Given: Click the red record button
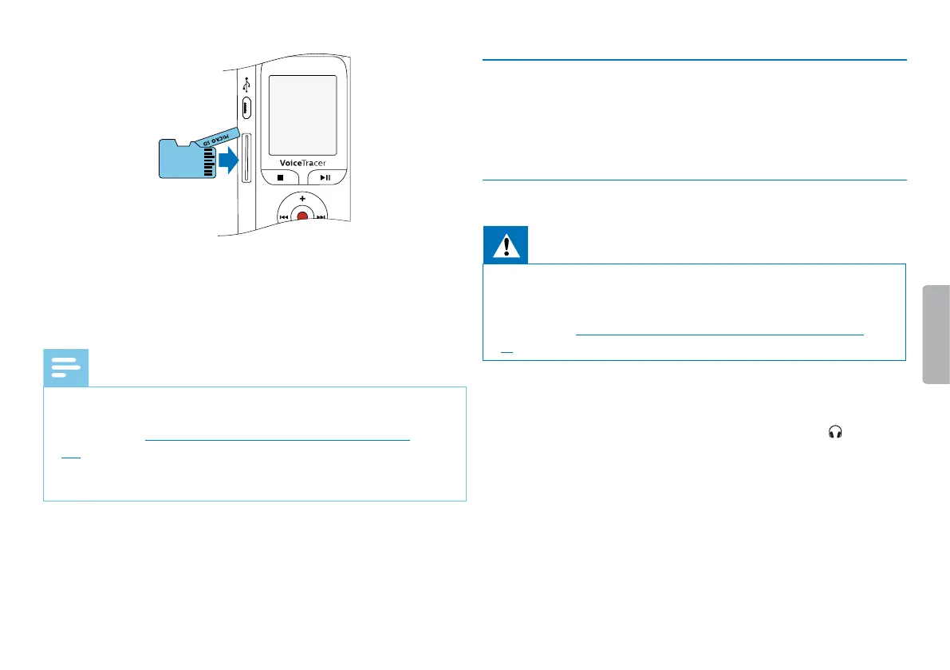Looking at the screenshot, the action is tap(302, 216).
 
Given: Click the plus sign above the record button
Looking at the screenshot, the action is tap(302, 197).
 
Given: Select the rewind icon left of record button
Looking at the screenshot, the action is tap(283, 216).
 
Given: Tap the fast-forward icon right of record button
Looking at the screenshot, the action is tap(321, 216).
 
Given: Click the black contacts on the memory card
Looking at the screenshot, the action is tap(209, 160).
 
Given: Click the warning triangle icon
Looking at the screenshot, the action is tap(505, 244).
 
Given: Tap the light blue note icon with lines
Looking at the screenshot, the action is tap(65, 368).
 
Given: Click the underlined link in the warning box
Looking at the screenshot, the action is tap(719, 335).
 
